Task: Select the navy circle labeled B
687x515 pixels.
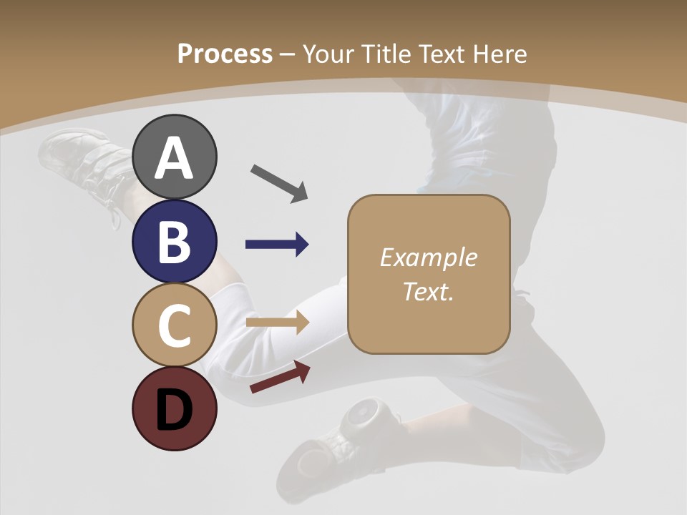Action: pos(174,241)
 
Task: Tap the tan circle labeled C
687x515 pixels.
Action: pos(174,325)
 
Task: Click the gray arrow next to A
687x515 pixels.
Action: pos(279,183)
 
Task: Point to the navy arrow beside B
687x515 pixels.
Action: pos(277,245)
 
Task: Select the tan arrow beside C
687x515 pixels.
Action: pos(277,322)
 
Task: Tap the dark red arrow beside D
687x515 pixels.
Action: pos(280,377)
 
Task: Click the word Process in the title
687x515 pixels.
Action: pos(225,54)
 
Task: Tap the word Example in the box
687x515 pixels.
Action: pos(428,257)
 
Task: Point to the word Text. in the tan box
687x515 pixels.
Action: pos(428,291)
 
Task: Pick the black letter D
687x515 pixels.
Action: pos(174,410)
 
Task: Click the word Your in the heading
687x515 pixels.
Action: pos(328,54)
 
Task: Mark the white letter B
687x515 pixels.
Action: pos(174,241)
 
